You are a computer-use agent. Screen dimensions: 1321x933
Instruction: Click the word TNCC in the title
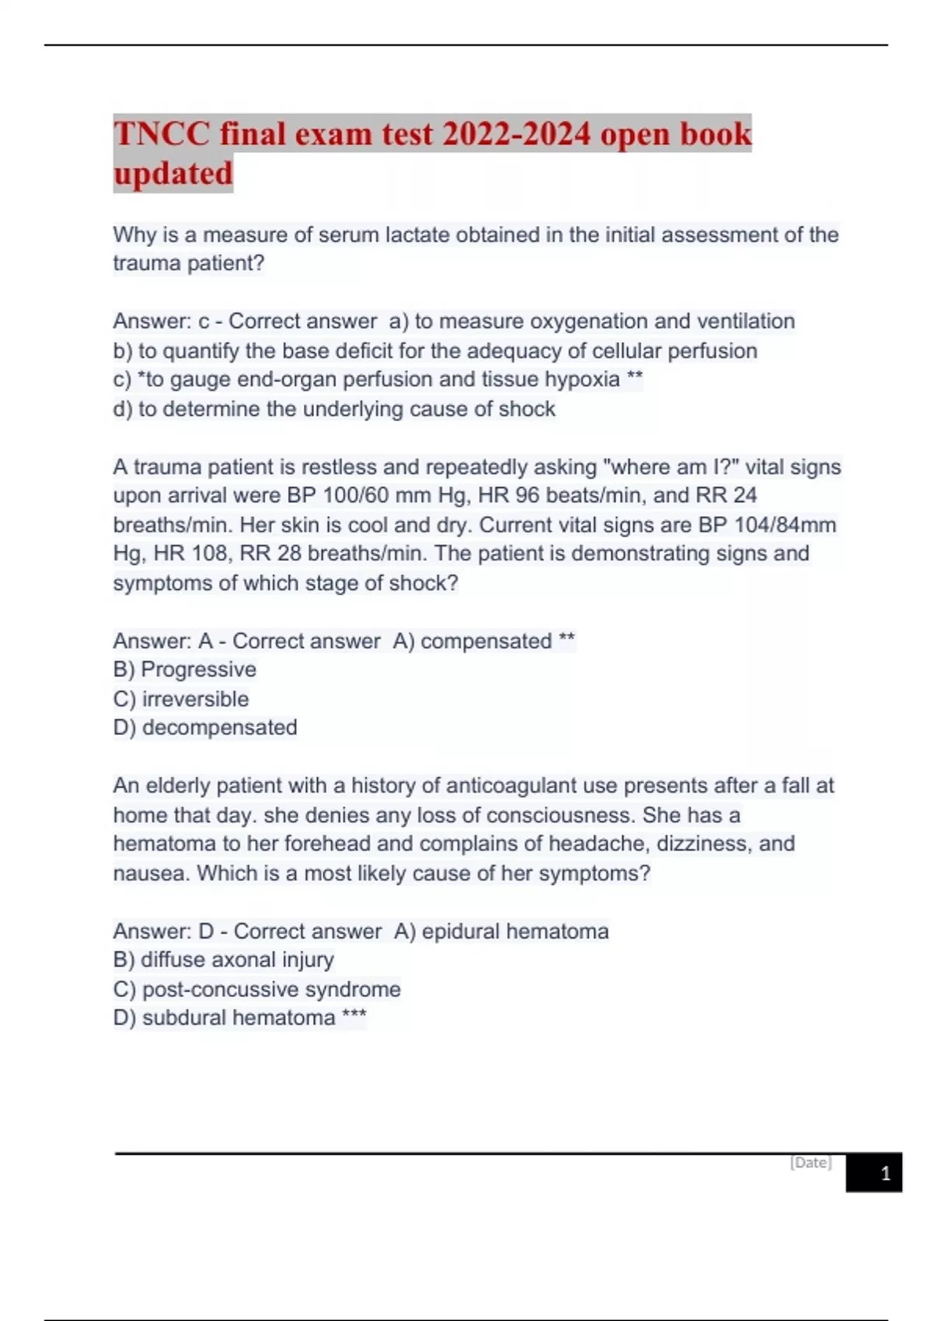pyautogui.click(x=161, y=134)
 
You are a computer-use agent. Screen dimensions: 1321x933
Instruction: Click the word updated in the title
pyautogui.click(x=173, y=173)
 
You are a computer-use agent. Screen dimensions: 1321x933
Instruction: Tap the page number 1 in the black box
pyautogui.click(x=885, y=1173)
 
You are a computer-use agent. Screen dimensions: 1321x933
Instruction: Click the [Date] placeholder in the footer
pyautogui.click(x=810, y=1162)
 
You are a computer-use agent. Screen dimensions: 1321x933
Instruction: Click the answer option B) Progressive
pyautogui.click(x=184, y=670)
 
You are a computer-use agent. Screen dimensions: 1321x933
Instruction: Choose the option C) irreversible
pyautogui.click(x=181, y=699)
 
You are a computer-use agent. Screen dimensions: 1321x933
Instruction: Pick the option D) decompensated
pyautogui.click(x=205, y=727)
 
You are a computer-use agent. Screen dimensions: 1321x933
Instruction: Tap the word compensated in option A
pyautogui.click(x=486, y=641)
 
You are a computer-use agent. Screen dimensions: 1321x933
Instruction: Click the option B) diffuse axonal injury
pyautogui.click(x=223, y=960)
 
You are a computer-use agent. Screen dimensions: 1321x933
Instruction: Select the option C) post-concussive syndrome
pyautogui.click(x=257, y=989)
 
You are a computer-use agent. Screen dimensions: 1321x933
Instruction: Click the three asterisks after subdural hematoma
pyautogui.click(x=354, y=1016)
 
